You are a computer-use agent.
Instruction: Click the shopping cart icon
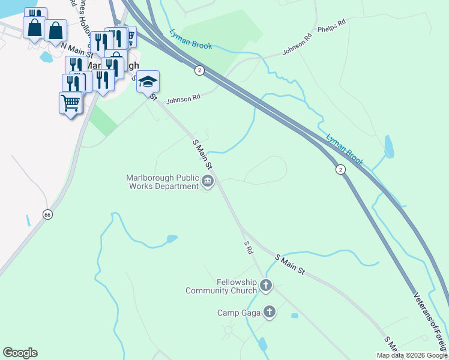(71, 103)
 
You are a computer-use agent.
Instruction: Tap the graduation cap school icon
(148, 82)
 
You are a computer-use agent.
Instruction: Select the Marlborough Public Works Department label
(162, 182)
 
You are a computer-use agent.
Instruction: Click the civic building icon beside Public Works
(208, 182)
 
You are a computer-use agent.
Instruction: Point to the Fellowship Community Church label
(221, 287)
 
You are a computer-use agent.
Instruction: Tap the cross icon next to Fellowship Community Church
(265, 286)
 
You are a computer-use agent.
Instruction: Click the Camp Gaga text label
(238, 313)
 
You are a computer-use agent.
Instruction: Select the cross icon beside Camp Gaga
(270, 312)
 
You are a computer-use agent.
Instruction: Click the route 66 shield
(47, 214)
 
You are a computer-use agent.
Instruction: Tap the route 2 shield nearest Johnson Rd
(199, 71)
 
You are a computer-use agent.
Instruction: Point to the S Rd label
(248, 248)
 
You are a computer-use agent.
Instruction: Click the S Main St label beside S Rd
(291, 265)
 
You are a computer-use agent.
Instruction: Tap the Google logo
(20, 353)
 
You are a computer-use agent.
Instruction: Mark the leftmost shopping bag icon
(34, 27)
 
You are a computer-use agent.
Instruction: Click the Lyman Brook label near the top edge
(190, 39)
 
